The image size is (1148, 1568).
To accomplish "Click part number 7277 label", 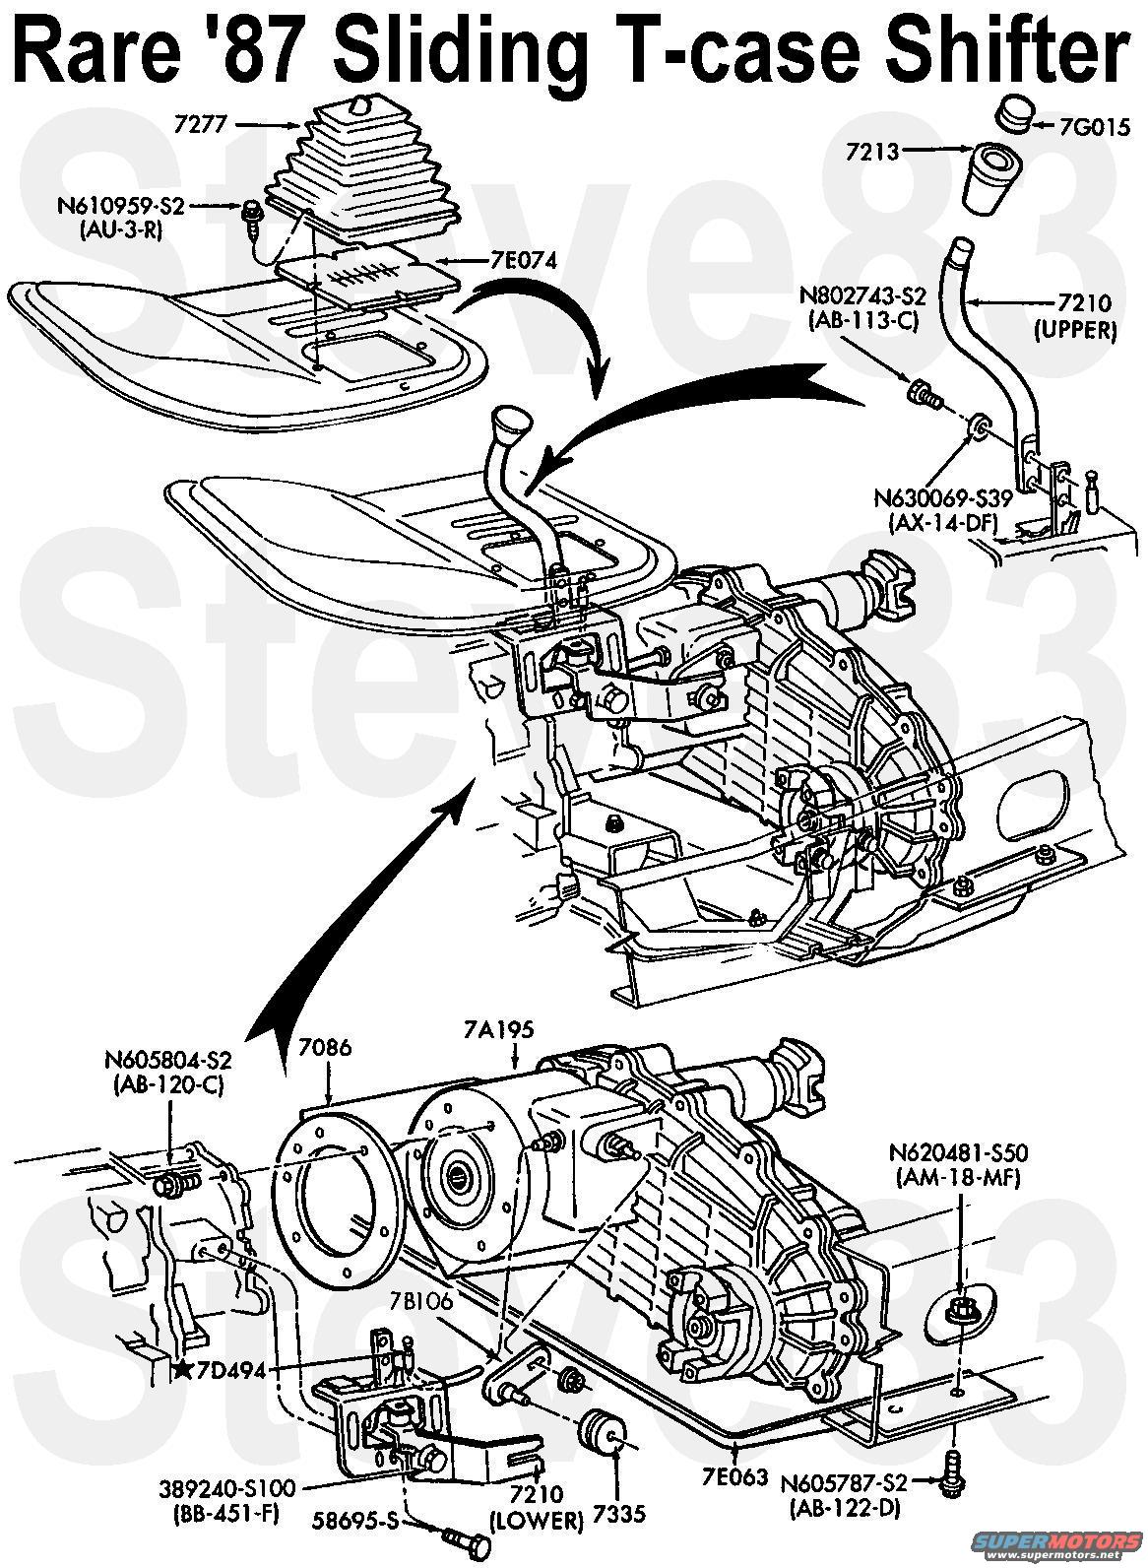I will click(202, 125).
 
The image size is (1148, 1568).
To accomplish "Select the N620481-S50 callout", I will click(962, 1152).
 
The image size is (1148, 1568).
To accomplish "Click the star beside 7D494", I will click(180, 1370).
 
